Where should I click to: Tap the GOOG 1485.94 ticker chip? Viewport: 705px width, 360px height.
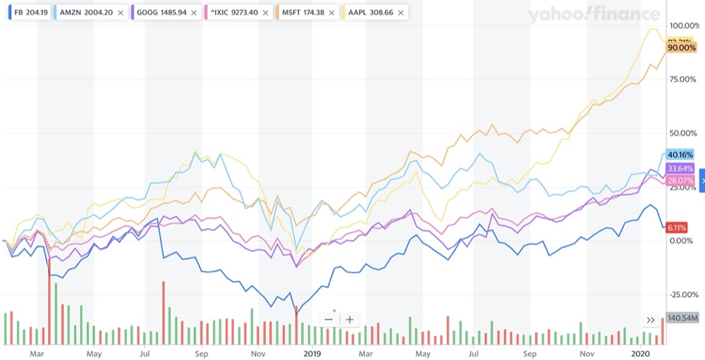pos(161,13)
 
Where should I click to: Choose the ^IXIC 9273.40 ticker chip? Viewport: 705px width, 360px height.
pos(238,13)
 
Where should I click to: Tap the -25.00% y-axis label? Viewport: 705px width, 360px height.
pos(681,294)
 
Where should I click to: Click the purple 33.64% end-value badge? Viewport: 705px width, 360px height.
pos(680,168)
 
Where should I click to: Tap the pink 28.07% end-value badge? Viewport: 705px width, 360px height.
pos(680,181)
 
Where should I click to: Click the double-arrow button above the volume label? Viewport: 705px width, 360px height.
pos(651,320)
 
